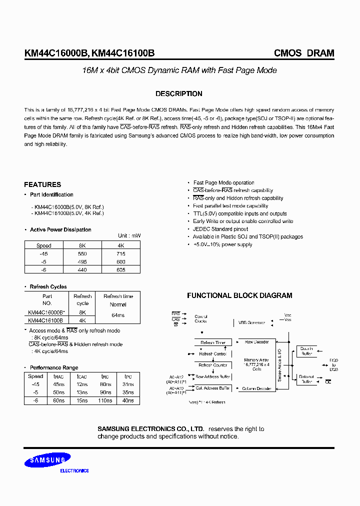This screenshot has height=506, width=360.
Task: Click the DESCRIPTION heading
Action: click(178, 94)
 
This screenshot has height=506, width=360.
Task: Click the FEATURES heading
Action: click(42, 184)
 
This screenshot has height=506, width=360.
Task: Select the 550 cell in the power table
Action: click(82, 254)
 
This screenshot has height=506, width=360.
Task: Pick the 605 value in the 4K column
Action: click(120, 269)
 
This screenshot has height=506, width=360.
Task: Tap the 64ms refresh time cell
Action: click(118, 316)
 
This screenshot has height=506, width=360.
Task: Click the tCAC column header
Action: click(82, 376)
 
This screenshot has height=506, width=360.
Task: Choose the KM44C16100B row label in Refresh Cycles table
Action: click(45, 320)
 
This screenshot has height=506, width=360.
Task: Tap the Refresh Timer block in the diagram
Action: click(213, 342)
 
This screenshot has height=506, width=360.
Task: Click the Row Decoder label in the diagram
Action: click(256, 342)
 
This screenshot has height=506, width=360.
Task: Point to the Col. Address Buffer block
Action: click(212, 388)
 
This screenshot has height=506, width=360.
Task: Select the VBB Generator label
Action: click(251, 322)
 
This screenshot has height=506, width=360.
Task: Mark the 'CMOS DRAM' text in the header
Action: click(304, 53)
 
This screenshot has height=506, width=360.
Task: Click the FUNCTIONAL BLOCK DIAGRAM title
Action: click(239, 295)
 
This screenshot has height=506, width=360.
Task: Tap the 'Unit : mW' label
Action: click(129, 235)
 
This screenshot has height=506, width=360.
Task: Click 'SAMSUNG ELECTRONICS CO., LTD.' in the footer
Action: click(150, 429)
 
